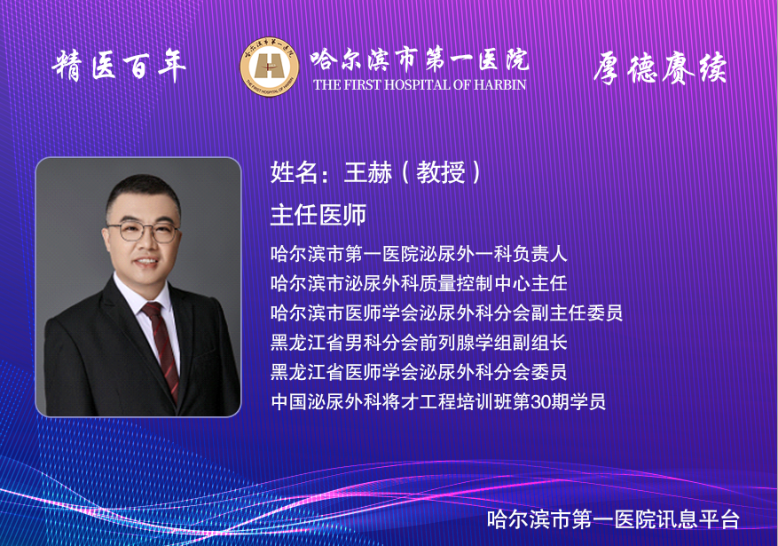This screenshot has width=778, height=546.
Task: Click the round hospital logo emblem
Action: pyautogui.click(x=270, y=67)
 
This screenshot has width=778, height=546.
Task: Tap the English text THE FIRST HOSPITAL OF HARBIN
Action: pyautogui.click(x=420, y=85)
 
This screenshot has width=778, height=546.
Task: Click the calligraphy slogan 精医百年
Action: pyautogui.click(x=119, y=66)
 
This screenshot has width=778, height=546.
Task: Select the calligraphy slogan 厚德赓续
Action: pyautogui.click(x=660, y=67)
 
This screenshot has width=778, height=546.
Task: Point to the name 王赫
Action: pyautogui.click(x=367, y=172)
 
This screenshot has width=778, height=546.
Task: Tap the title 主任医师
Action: pyautogui.click(x=318, y=215)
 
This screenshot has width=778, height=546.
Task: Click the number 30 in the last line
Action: pyautogui.click(x=541, y=401)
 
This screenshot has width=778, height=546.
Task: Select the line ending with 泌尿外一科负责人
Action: pyautogui.click(x=419, y=254)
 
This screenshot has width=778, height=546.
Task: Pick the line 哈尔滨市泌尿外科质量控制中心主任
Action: pyautogui.click(x=419, y=283)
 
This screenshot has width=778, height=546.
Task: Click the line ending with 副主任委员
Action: pyautogui.click(x=446, y=313)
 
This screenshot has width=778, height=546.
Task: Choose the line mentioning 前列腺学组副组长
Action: pyautogui.click(x=419, y=343)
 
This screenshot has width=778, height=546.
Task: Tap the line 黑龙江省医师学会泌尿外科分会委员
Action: pyautogui.click(x=419, y=372)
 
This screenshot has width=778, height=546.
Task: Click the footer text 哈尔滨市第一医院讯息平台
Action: pyautogui.click(x=613, y=519)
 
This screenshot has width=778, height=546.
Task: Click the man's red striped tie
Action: pyautogui.click(x=162, y=347)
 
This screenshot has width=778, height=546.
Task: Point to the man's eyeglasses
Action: pyautogui.click(x=143, y=232)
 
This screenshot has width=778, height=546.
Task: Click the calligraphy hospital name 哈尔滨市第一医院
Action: pyautogui.click(x=420, y=60)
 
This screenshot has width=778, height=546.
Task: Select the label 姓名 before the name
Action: pyautogui.click(x=295, y=172)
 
